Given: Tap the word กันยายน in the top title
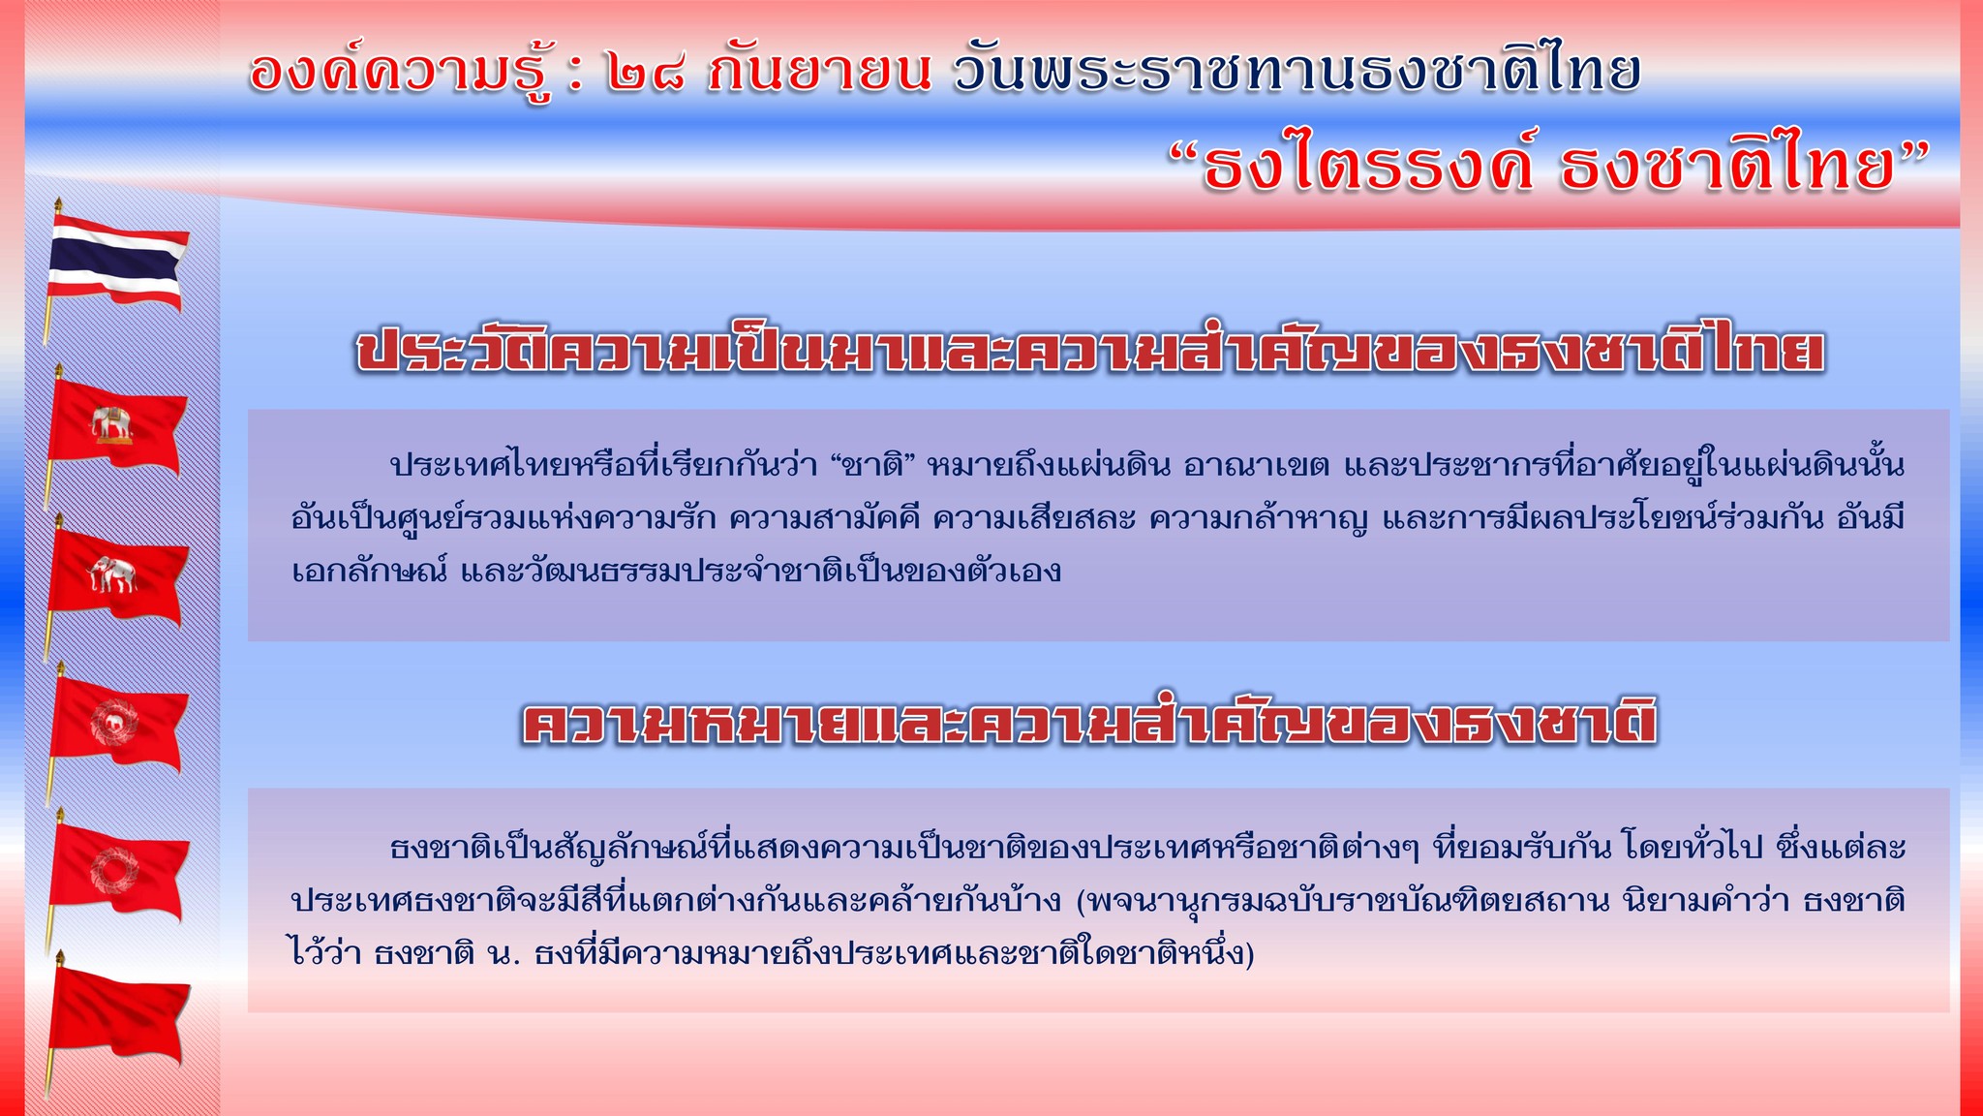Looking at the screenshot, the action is pyautogui.click(x=819, y=70).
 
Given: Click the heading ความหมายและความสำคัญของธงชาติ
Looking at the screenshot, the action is pyautogui.click(x=1089, y=722).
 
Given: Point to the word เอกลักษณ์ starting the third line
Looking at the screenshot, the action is pyautogui.click(x=369, y=571).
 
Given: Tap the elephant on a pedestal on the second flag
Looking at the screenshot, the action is pyautogui.click(x=112, y=424).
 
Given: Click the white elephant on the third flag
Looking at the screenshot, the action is pyautogui.click(x=112, y=574).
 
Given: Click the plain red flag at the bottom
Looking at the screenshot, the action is pyautogui.click(x=118, y=1012).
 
